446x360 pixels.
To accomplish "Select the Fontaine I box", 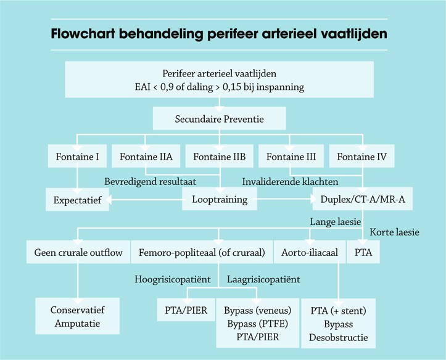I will [76, 157].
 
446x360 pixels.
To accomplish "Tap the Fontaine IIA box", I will [146, 157].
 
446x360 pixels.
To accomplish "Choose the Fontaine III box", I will [291, 157].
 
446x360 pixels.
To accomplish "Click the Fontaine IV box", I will [362, 157].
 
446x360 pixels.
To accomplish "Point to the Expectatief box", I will [77, 200].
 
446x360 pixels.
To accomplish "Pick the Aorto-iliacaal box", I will [309, 252].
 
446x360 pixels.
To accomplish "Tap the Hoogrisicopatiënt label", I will [173, 279].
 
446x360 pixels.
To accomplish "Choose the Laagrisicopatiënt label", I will [263, 279].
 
